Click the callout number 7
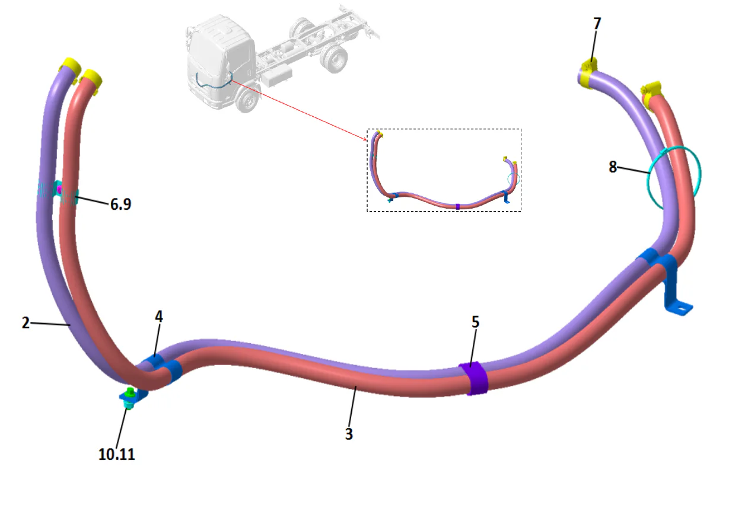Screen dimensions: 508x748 (597, 24)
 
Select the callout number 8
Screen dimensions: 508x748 (613, 167)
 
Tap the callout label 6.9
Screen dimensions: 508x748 (120, 205)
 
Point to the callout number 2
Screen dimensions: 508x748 (26, 323)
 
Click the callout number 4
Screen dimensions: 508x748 (158, 317)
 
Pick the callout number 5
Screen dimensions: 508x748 (475, 322)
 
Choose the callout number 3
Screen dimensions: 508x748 (349, 433)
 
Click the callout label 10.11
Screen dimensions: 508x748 (116, 455)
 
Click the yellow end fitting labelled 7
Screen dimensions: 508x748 (589, 73)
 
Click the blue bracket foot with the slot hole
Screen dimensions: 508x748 (682, 308)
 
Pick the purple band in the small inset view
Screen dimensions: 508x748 (457, 206)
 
